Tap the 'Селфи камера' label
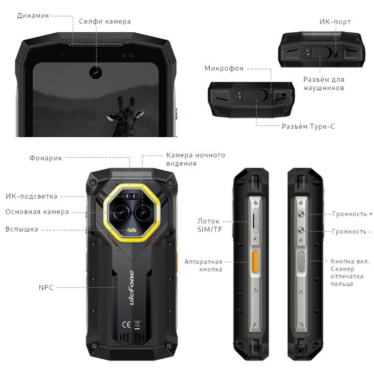click(105, 21)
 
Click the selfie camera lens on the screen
click(97, 71)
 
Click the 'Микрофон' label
click(225, 68)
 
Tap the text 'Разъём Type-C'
click(308, 126)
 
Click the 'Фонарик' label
click(46, 158)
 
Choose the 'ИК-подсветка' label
click(32, 196)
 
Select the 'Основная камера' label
click(37, 212)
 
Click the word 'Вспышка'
click(22, 229)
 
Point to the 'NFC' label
click(46, 287)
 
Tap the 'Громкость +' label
click(352, 214)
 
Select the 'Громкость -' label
click(351, 231)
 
